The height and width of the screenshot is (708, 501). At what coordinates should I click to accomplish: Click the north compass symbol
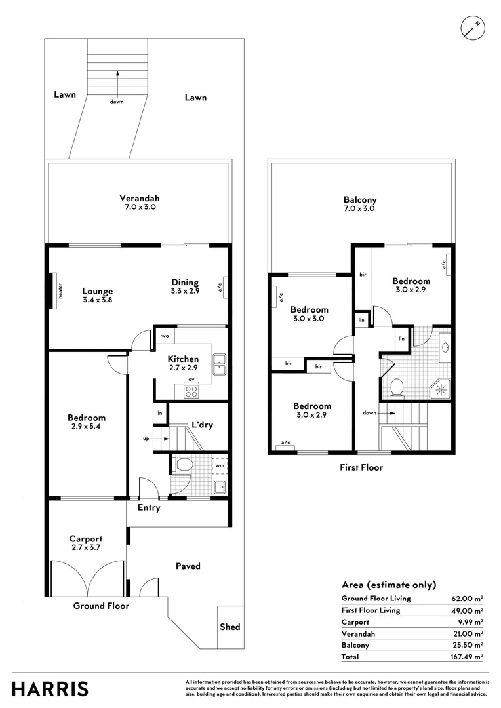coord(472,28)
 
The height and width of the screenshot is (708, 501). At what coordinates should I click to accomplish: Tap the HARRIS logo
coord(50,688)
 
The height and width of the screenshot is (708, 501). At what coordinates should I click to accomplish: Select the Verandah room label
coord(139,198)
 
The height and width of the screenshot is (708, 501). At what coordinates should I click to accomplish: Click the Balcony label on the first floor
coord(360,200)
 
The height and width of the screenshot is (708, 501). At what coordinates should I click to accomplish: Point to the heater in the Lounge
coord(51,289)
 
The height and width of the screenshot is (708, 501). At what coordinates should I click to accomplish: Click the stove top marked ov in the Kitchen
coord(192,391)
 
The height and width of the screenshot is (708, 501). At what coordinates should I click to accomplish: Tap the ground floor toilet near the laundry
coord(184,465)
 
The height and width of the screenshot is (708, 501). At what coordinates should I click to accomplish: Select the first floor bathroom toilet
coord(396,387)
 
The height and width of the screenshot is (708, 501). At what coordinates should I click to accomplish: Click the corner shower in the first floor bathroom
coord(440,387)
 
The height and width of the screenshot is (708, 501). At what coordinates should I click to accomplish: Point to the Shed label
coord(230,627)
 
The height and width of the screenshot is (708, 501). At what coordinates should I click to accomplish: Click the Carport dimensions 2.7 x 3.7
coord(87,547)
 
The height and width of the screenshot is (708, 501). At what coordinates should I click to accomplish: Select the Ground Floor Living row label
coord(376,599)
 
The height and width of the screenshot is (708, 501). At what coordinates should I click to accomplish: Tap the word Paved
coord(188,566)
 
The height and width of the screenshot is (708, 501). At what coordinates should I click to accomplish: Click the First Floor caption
coord(361,467)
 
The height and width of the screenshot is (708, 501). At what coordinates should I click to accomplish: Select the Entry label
coord(149,507)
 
